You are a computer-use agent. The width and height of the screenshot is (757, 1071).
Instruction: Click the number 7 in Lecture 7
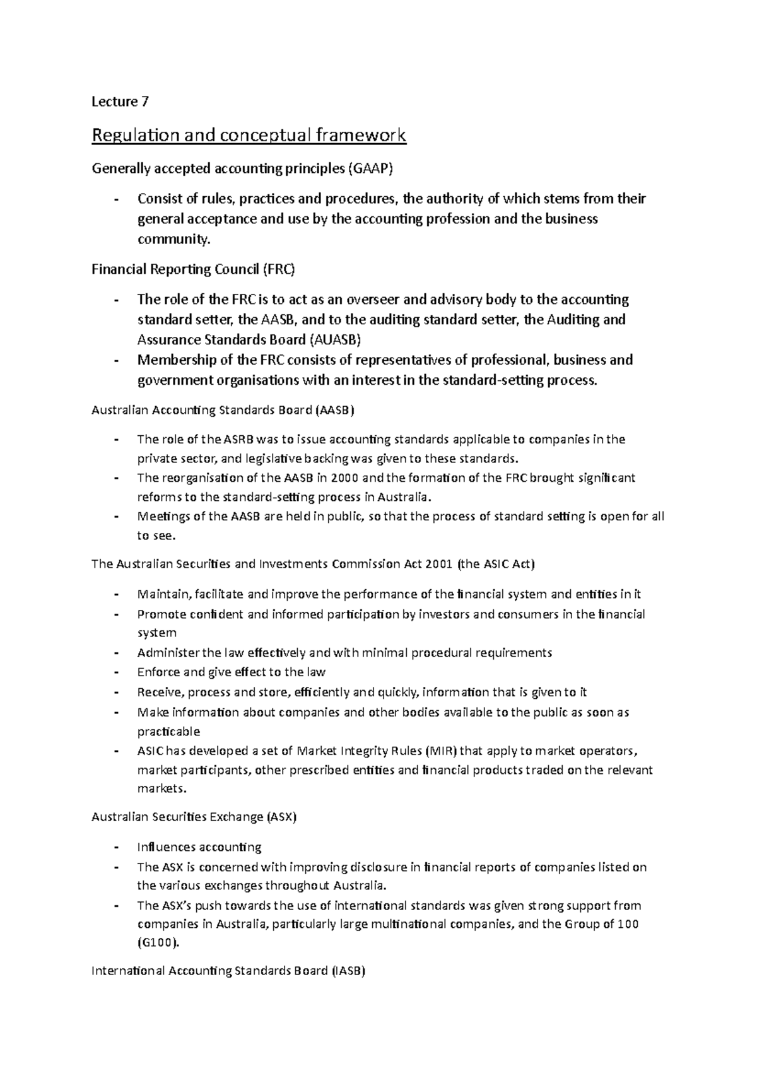146,102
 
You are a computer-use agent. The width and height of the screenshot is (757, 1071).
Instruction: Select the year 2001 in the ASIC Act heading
439,564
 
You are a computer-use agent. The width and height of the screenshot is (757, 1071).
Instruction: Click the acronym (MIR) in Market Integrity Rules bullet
442,751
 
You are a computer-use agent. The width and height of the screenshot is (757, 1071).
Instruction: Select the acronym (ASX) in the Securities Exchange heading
281,817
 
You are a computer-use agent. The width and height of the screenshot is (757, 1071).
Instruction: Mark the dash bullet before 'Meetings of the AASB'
116,517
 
